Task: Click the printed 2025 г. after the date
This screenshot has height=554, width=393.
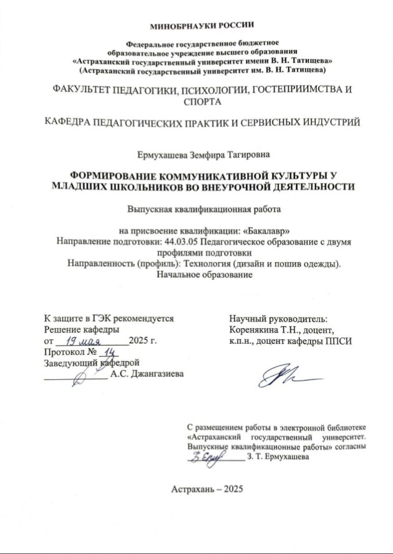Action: click(142, 341)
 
